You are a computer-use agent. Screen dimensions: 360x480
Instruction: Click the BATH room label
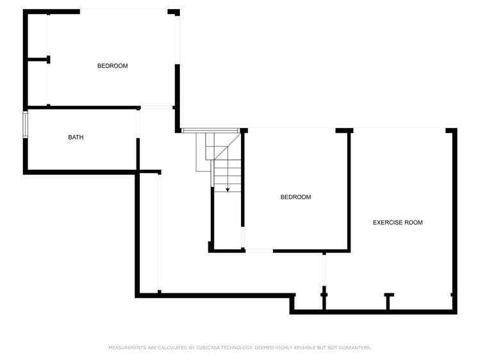[76, 137]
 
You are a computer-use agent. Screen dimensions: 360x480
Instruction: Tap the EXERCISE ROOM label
[397, 222]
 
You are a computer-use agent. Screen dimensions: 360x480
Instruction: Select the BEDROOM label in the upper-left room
[112, 66]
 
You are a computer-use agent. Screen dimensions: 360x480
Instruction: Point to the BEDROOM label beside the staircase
[295, 197]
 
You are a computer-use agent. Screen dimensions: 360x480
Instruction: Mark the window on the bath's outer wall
[26, 124]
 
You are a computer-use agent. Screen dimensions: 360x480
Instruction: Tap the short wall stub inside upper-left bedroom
[38, 60]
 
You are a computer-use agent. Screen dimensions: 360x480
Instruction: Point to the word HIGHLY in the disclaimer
[286, 347]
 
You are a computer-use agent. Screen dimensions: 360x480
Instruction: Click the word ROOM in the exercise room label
[413, 222]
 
